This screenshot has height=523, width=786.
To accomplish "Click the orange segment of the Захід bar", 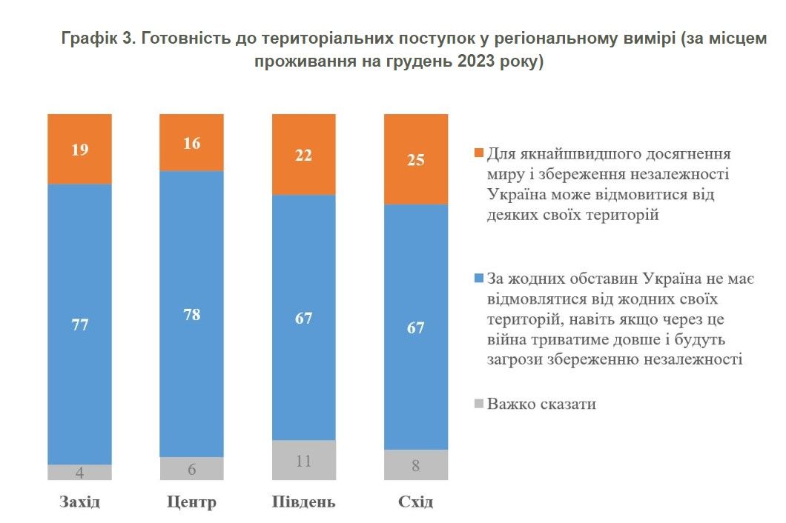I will click(x=79, y=148).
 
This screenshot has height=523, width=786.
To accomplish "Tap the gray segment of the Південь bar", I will click(x=304, y=460).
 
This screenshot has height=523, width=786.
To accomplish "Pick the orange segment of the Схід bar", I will click(x=416, y=159).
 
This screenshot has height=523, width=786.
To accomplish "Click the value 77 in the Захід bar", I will click(x=79, y=324).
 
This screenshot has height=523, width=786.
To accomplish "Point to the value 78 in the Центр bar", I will click(x=191, y=313).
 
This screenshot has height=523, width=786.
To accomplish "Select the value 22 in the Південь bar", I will click(x=304, y=155).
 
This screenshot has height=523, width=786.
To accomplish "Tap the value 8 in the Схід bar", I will click(x=416, y=466).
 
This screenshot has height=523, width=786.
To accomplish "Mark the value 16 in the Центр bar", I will click(x=191, y=143).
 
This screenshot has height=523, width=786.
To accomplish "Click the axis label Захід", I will click(x=79, y=502).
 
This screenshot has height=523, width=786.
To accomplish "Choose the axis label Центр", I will click(x=191, y=502).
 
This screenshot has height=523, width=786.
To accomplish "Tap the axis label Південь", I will click(x=304, y=502).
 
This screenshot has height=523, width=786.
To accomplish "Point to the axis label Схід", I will click(x=416, y=502).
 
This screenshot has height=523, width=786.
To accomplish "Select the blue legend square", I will click(x=478, y=279).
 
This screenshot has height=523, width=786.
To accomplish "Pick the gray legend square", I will click(x=478, y=404).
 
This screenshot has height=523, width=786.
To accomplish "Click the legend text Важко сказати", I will click(x=542, y=404).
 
